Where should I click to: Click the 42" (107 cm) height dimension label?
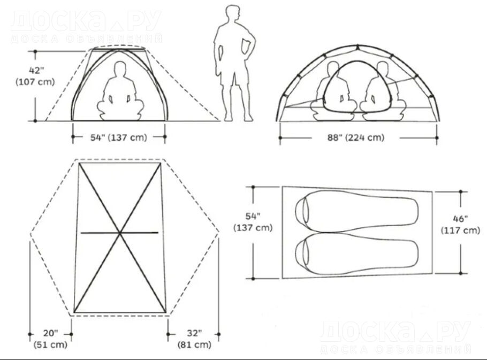pos(35,76)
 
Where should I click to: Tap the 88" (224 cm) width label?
pos(356,137)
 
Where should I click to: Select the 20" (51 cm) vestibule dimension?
pos(50,339)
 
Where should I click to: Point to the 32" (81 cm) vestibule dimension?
pos(194,339)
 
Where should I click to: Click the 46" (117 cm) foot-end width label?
pos(460,224)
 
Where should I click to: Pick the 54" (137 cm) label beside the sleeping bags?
pos(253,221)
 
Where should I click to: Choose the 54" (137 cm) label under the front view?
pos(118,137)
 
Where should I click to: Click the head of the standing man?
pos(233,14)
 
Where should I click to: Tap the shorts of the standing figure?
pos(234,74)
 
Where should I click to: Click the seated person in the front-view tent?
pos(120,91)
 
